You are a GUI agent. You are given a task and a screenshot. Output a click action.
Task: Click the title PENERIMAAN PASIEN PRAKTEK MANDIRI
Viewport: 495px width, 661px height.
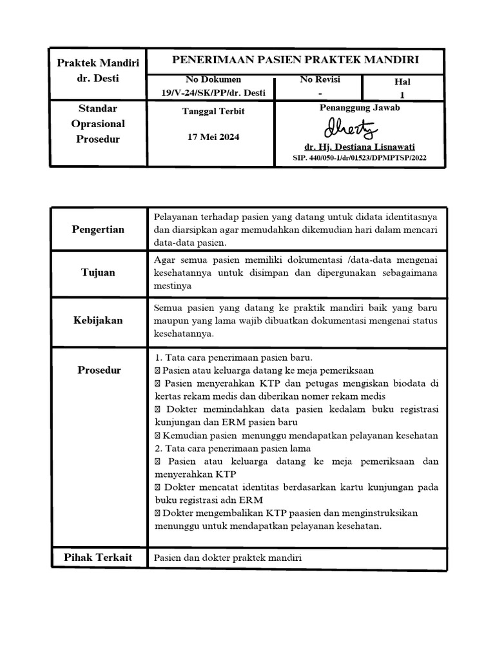click(295, 60)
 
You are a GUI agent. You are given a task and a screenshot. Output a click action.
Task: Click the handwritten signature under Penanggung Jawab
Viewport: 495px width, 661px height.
click(351, 128)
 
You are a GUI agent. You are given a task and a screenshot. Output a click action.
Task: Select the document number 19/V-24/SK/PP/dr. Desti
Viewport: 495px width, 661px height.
click(213, 92)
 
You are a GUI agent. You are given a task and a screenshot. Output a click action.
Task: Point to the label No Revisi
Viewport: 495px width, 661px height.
click(320, 79)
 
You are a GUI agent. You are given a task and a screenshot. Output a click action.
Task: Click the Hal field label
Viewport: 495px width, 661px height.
click(402, 82)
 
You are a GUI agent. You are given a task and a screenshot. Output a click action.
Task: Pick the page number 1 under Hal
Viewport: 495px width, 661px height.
click(402, 94)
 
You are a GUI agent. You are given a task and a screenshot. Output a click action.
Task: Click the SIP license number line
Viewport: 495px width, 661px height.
click(359, 158)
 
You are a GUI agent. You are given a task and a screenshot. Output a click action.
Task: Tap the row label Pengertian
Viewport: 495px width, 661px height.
click(99, 229)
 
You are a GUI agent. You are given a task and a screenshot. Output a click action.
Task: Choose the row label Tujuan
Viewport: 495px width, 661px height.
click(98, 272)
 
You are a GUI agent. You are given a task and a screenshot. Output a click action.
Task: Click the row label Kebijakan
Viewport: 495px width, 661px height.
click(98, 320)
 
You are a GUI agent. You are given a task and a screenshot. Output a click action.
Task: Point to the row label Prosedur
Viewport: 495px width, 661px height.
click(99, 370)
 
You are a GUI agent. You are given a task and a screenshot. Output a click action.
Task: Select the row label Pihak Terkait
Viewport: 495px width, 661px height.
click(98, 557)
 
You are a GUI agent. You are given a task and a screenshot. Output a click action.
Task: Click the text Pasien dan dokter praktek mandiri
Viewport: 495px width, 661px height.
click(228, 558)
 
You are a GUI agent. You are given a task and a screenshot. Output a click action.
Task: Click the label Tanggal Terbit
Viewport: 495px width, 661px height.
click(213, 111)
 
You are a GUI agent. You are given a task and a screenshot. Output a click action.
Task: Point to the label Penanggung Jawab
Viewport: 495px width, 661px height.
click(359, 108)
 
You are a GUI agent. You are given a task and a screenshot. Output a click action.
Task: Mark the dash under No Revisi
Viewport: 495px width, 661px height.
click(320, 93)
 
